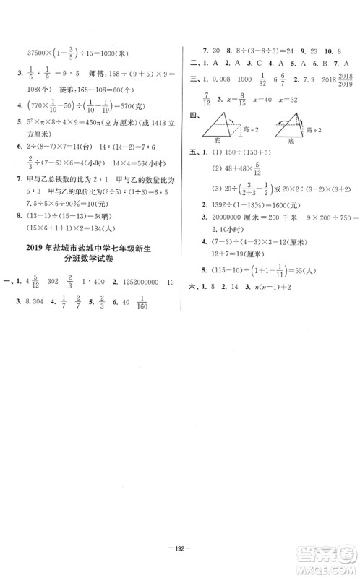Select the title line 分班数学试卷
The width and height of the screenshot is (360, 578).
coord(95,264)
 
